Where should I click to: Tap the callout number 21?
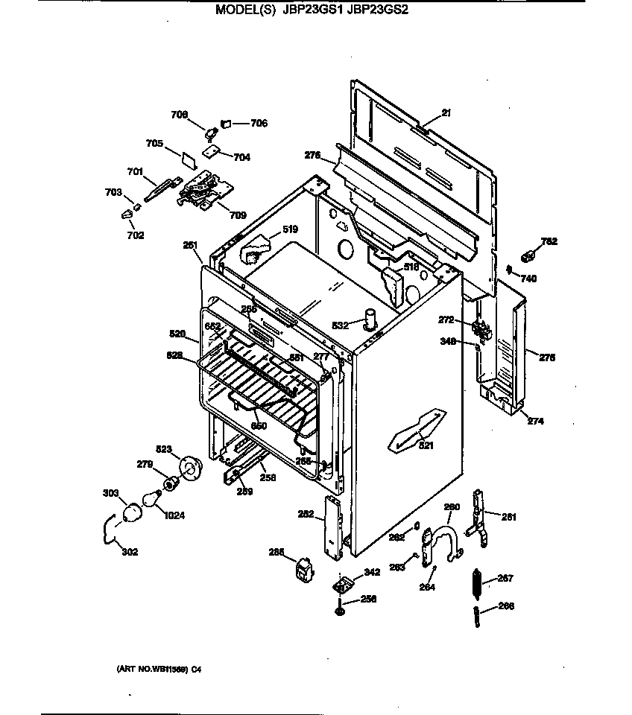tap(446, 113)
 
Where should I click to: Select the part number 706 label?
tap(258, 124)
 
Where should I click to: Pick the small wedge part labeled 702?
tap(126, 214)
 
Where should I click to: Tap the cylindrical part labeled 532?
tap(368, 321)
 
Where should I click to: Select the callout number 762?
tap(549, 241)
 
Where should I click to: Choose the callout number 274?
tap(535, 421)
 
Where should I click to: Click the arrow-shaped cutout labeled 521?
tap(411, 431)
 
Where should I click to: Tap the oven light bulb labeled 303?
tap(132, 512)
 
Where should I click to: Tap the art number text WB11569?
tap(158, 669)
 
